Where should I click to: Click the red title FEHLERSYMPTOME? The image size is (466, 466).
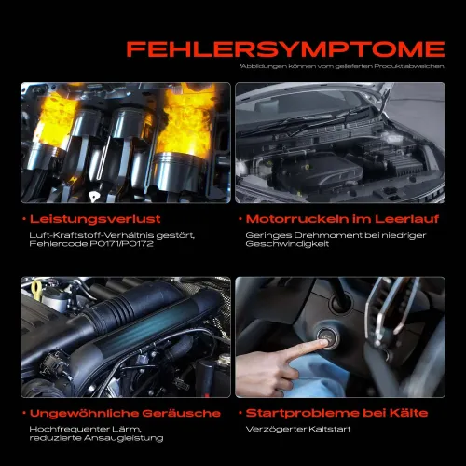(x=285, y=49)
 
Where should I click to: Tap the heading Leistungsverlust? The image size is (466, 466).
(x=95, y=219)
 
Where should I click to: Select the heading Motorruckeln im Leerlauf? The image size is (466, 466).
(x=342, y=219)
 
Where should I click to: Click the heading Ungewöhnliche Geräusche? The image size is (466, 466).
(x=125, y=414)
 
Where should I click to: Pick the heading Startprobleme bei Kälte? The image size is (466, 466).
(x=336, y=413)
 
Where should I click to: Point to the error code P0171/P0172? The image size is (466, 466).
(x=122, y=244)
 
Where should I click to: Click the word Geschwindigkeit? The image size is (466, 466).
(x=287, y=244)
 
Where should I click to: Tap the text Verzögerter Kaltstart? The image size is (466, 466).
(x=298, y=430)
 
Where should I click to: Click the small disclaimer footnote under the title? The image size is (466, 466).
(x=342, y=66)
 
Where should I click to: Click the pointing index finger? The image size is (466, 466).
(x=305, y=349)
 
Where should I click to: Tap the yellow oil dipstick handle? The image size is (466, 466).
(x=37, y=290)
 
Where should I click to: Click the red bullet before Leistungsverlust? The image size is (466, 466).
(x=24, y=219)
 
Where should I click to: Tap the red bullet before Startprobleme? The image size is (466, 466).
(x=240, y=413)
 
